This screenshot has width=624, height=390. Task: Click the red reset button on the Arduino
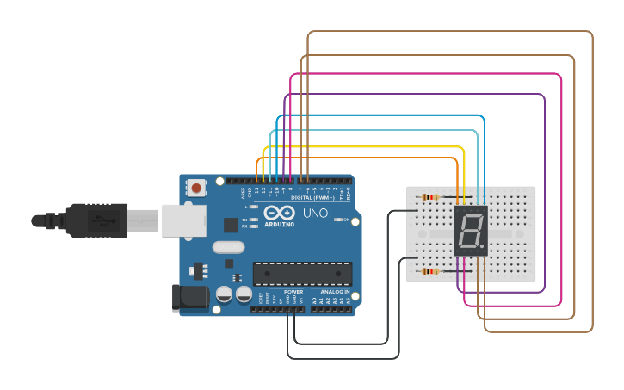(x=197, y=188)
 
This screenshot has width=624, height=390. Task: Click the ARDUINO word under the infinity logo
(x=280, y=224)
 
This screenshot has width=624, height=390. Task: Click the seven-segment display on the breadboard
(x=471, y=232)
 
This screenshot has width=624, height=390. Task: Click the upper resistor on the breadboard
(x=431, y=197)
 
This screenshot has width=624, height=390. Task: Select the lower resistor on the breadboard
(x=430, y=272)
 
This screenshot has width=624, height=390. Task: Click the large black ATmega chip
(x=302, y=274)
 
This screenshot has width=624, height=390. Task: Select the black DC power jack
(x=191, y=298)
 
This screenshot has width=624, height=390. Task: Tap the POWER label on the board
(x=293, y=292)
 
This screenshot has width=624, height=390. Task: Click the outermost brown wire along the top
(x=448, y=32)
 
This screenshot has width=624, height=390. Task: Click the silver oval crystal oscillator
(x=228, y=248)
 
